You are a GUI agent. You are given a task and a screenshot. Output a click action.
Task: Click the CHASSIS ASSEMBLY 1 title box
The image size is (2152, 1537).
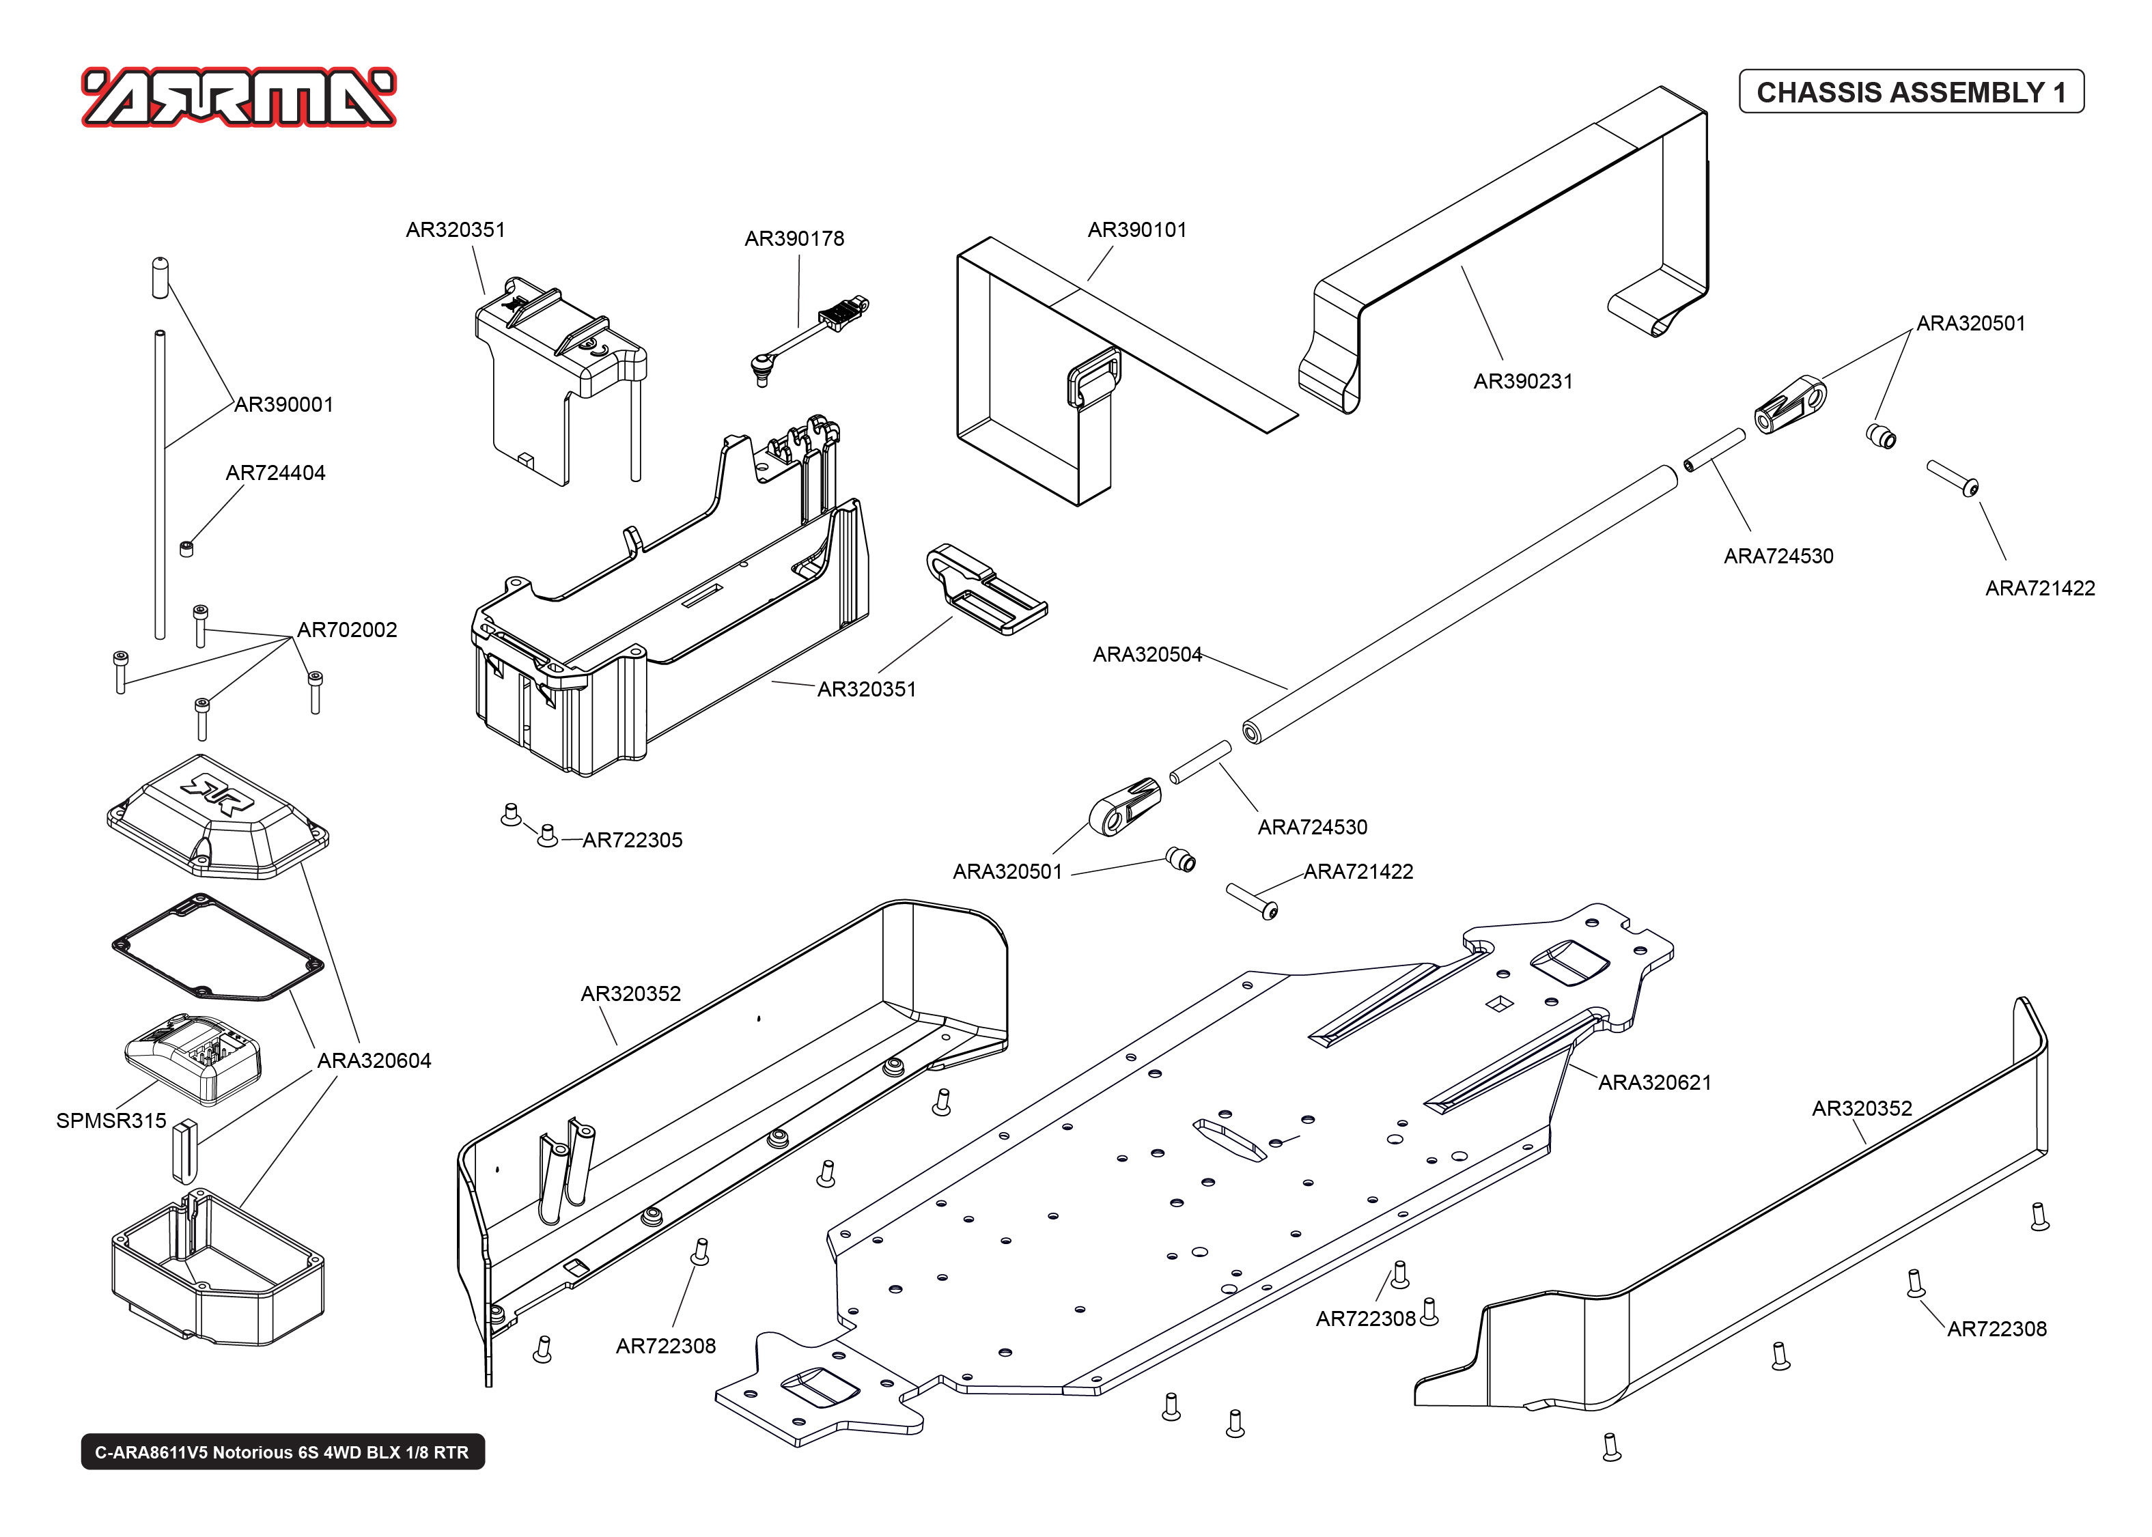[1911, 91]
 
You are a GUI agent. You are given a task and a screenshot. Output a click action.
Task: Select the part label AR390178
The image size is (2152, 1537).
[794, 238]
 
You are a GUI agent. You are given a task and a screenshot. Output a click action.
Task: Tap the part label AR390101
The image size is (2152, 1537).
[1136, 230]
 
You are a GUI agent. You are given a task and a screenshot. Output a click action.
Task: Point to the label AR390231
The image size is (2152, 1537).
[1523, 382]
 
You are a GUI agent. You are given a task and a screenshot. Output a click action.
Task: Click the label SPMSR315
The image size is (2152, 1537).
[111, 1120]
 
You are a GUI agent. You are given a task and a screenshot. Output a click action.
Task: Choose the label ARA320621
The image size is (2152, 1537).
[1654, 1083]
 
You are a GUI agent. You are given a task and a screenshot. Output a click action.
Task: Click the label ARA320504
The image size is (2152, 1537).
[1147, 655]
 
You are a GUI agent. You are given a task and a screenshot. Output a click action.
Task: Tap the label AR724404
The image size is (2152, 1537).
[275, 473]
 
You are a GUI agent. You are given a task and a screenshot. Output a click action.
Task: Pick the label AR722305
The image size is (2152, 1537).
[632, 841]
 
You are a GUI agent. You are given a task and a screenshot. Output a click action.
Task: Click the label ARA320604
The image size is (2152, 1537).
[374, 1061]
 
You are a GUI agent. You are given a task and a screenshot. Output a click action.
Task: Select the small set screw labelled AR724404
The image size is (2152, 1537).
[186, 548]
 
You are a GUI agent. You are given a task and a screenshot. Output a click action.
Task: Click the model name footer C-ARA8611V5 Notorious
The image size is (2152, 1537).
[282, 1452]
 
